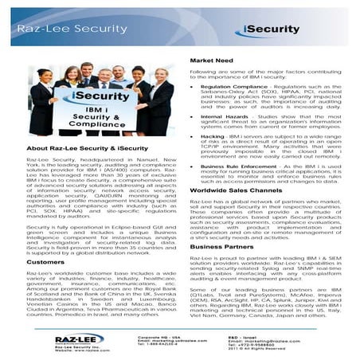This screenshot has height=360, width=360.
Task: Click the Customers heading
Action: [x=45, y=261]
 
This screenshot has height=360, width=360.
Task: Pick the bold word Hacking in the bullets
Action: [x=212, y=136]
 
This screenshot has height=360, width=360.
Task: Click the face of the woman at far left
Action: [x=43, y=76]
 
